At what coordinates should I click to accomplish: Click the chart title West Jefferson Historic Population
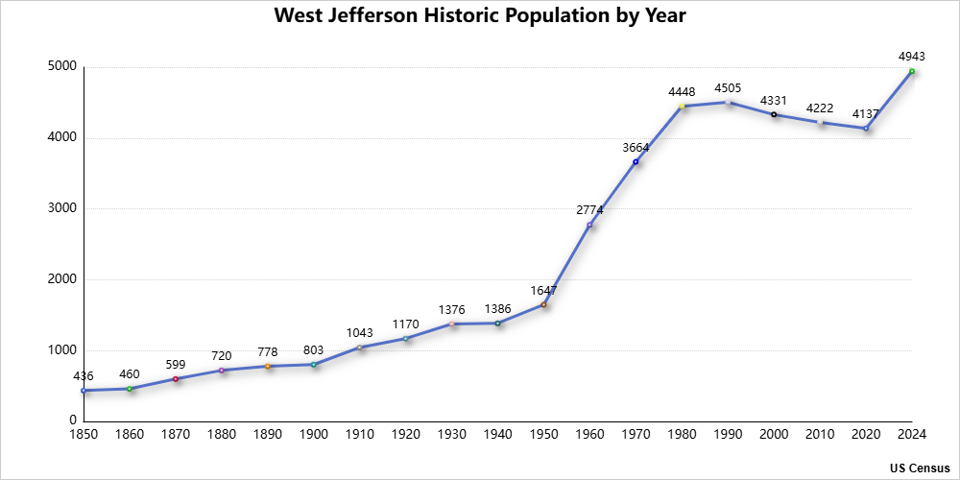click(x=480, y=16)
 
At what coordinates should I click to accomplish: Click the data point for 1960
click(x=589, y=225)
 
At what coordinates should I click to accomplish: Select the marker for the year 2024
click(x=912, y=71)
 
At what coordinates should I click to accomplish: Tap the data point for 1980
click(x=682, y=106)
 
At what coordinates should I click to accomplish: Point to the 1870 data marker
click(x=176, y=378)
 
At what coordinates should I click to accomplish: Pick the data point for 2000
click(x=774, y=114)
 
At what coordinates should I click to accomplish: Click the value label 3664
click(x=636, y=147)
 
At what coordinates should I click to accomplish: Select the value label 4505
click(x=728, y=87)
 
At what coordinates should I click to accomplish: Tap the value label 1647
click(x=543, y=290)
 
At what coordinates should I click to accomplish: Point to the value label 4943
click(x=912, y=57)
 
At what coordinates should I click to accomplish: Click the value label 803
click(x=314, y=349)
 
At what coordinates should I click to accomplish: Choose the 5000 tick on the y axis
click(x=63, y=67)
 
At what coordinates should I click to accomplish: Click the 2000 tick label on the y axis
click(x=63, y=279)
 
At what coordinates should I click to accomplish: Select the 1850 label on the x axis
click(x=84, y=435)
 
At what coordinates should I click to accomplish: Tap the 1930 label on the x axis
click(x=452, y=435)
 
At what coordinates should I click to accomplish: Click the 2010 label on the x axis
click(x=820, y=435)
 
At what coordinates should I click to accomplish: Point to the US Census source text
click(x=920, y=468)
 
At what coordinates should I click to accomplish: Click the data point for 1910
click(x=360, y=348)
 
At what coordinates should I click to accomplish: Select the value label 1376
click(x=452, y=309)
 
